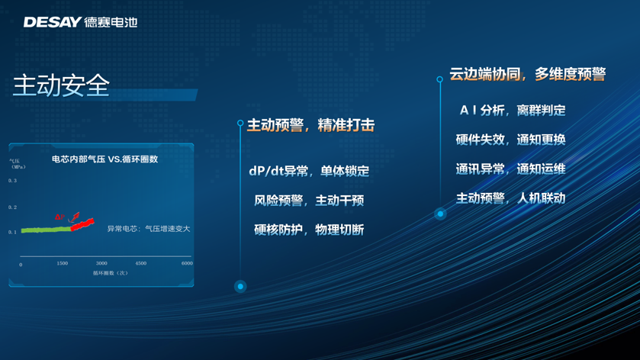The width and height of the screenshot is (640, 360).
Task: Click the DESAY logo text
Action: pos(52,22)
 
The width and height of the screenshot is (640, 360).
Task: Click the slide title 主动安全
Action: pos(62,85)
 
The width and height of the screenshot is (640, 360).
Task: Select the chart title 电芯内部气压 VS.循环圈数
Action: pos(105,159)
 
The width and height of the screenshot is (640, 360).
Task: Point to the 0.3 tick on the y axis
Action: pos(13,181)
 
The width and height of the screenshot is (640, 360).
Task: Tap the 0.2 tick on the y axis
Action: pos(13,207)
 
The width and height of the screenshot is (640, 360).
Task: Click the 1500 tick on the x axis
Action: pos(63,263)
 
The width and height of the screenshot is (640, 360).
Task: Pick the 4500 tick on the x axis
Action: pos(141,263)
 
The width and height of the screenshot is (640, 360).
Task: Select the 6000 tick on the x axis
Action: pos(187,263)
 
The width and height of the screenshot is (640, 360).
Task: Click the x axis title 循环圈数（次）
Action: pos(110,273)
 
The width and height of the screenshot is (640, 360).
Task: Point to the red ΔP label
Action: pos(59,217)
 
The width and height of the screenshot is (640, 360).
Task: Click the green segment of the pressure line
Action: pos(46,230)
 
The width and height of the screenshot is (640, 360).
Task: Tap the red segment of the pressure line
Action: pos(82,224)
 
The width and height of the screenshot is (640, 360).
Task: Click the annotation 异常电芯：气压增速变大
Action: pos(149,229)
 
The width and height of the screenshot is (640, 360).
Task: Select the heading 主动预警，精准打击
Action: pos(310,125)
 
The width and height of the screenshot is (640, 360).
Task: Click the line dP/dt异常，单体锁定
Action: pos(309,171)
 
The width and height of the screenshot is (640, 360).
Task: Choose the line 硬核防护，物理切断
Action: pos(309,230)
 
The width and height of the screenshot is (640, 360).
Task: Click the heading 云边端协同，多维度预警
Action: pos(528,74)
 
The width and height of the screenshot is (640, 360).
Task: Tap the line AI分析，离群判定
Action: pos(513,110)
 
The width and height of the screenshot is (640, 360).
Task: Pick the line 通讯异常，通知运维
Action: pos(510,169)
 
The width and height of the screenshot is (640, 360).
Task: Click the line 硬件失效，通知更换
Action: pos(510,140)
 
